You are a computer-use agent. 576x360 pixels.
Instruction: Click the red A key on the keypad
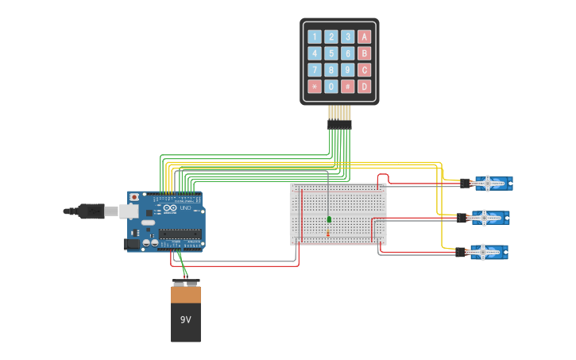(364, 37)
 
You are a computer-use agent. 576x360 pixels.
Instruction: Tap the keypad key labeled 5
(331, 53)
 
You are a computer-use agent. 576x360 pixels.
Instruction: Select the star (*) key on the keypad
(315, 86)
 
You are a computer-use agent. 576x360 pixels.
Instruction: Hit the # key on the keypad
(348, 86)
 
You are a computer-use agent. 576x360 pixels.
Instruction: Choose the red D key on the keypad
(364, 86)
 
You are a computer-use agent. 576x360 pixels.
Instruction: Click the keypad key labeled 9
(348, 70)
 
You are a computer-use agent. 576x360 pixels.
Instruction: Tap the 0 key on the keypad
(331, 86)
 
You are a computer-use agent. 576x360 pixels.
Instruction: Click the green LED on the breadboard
(329, 219)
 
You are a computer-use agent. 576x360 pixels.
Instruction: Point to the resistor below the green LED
(329, 233)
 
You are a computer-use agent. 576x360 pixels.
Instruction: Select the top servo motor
(493, 184)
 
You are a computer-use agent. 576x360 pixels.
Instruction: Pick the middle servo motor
(489, 217)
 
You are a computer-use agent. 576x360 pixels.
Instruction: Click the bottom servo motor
(488, 252)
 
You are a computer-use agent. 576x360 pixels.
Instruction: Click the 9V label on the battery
(185, 319)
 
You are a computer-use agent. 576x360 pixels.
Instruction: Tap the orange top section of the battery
(186, 295)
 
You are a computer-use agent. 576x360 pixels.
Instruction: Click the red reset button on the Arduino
(134, 196)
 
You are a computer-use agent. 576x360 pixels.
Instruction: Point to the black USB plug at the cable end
(87, 211)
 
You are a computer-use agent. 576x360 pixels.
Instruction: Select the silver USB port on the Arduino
(129, 211)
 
